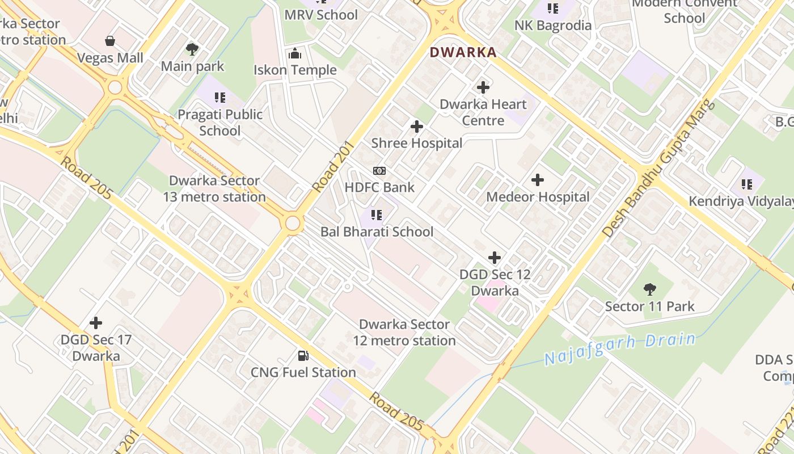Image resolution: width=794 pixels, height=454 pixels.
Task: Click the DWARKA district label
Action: point(463,53)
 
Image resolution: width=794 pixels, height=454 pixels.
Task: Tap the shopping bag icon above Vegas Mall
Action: point(110,41)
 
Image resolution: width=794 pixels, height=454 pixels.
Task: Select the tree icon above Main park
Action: point(192,49)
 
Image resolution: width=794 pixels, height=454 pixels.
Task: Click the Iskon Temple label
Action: point(295,70)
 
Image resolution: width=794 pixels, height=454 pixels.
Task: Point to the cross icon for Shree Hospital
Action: point(417,126)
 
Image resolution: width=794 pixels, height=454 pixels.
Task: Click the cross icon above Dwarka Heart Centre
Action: point(483,87)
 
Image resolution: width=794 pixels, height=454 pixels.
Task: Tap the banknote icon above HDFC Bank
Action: point(379,171)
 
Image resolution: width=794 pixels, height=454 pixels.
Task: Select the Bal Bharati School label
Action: point(377,232)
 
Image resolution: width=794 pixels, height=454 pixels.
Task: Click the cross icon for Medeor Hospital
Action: point(538,180)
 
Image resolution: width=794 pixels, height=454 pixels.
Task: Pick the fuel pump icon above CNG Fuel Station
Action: point(303,356)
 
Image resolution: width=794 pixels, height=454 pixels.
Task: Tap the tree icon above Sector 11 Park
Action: point(650,290)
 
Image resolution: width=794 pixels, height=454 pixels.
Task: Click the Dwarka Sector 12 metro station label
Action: point(404,333)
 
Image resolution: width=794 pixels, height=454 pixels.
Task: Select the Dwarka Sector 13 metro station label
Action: point(214,189)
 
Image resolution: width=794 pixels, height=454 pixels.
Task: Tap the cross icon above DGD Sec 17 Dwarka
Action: point(96,323)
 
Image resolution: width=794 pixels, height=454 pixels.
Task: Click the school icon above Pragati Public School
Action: point(220,98)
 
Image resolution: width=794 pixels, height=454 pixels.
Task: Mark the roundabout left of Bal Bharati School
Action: point(293,223)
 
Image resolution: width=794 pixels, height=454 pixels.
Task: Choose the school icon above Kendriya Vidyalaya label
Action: point(747,184)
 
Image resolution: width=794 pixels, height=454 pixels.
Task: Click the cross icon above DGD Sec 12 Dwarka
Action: point(495,258)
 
